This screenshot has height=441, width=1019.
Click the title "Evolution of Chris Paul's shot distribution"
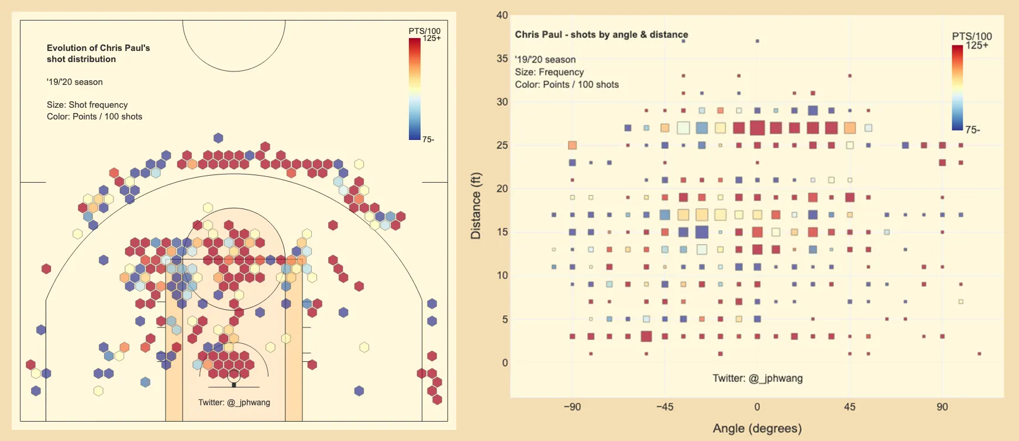click(x=98, y=53)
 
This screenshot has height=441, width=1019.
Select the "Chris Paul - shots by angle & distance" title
click(x=601, y=35)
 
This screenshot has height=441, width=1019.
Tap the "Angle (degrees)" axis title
click(x=757, y=428)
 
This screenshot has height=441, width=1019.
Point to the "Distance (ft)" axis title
click(x=476, y=206)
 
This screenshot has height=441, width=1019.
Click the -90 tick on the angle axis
click(x=572, y=407)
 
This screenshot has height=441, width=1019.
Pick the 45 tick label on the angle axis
click(x=849, y=407)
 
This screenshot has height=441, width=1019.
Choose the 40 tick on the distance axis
click(x=502, y=15)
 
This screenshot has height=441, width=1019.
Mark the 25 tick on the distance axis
click(x=502, y=145)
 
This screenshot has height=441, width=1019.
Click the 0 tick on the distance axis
click(x=505, y=363)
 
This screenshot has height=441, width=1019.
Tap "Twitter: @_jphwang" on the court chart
click(x=234, y=402)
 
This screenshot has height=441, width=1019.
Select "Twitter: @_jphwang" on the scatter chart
click(x=757, y=378)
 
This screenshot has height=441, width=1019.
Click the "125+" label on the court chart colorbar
click(x=432, y=39)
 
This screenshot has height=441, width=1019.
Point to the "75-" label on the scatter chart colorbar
click(x=973, y=130)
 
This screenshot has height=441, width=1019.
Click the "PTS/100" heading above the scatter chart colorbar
click(x=972, y=36)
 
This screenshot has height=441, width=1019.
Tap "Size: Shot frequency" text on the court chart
click(x=87, y=105)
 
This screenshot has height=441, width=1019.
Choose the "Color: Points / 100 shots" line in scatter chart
click(x=566, y=84)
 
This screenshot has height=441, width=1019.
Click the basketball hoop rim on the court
click(x=234, y=375)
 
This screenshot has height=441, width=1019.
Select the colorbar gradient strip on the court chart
click(x=414, y=89)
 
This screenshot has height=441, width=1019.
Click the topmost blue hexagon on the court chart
click(x=218, y=138)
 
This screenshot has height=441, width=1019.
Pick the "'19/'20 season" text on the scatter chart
click(x=545, y=60)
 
